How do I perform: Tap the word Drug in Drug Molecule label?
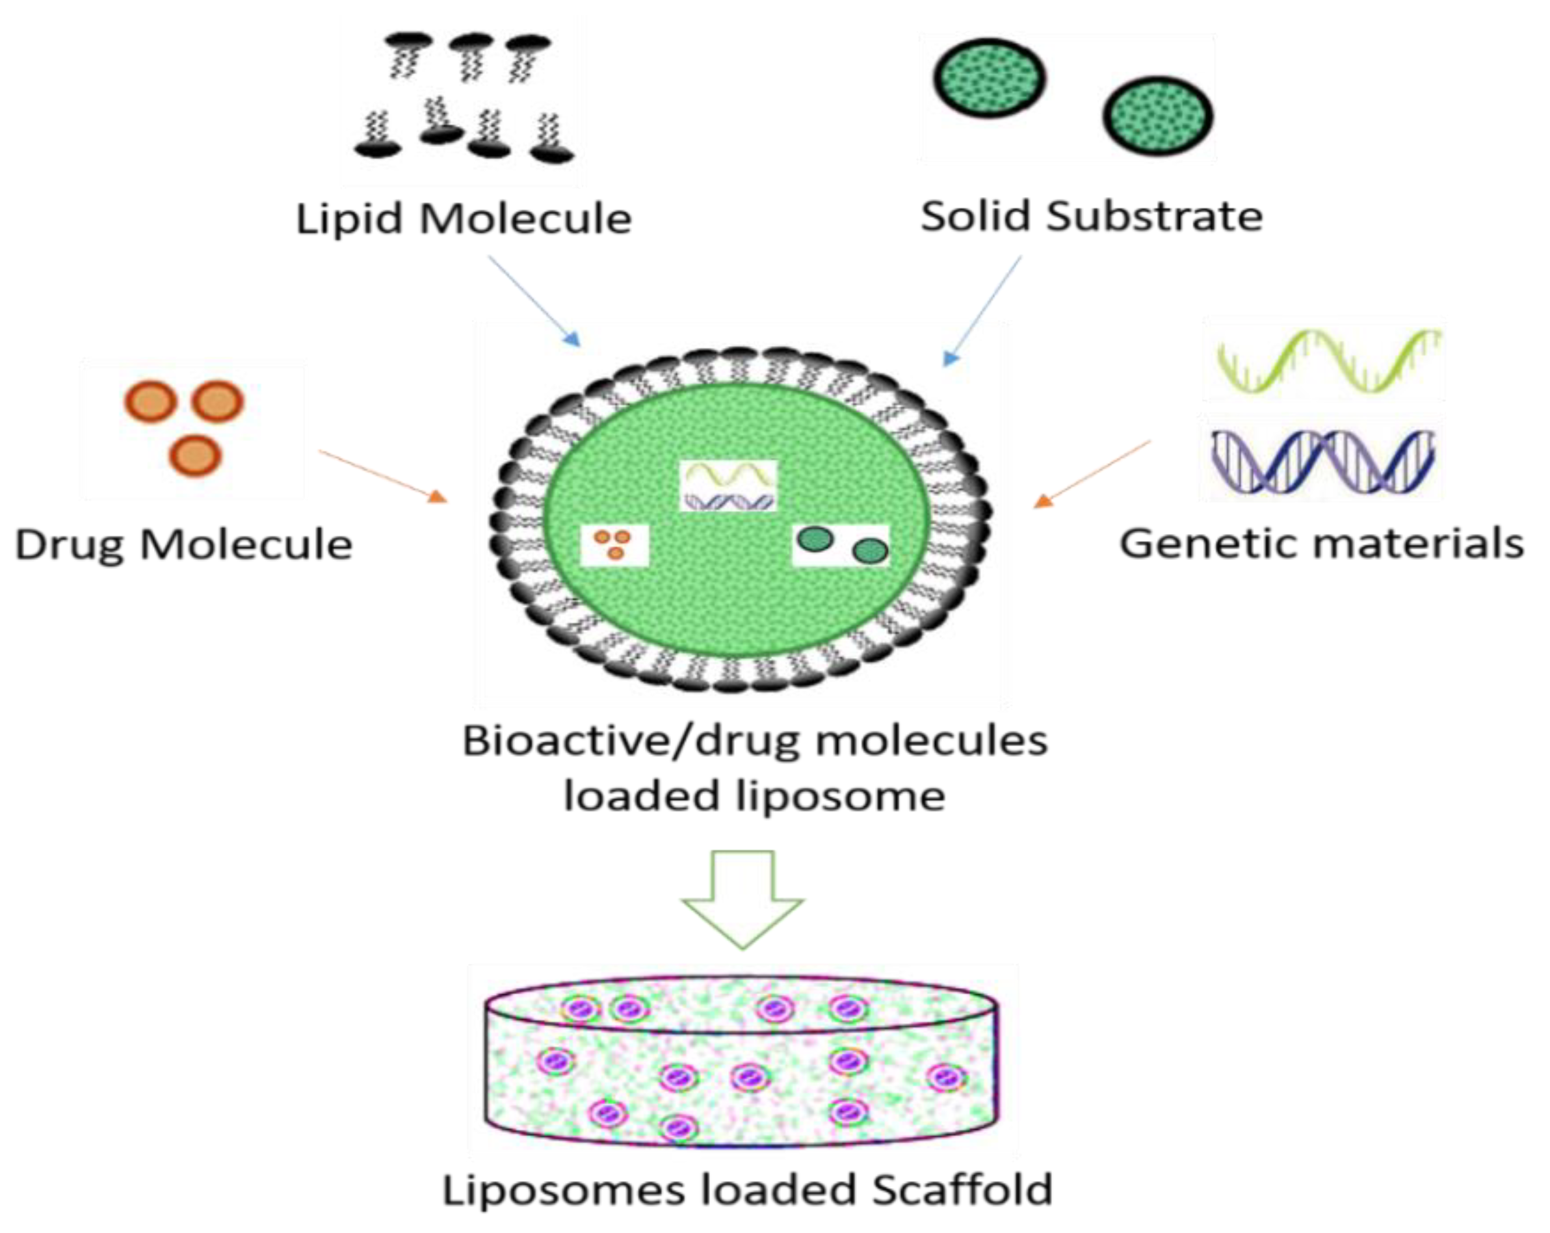point(70,545)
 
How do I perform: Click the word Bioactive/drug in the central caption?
point(630,741)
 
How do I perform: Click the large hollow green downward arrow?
point(742,898)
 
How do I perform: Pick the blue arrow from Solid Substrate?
point(982,311)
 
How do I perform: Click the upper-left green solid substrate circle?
point(990,77)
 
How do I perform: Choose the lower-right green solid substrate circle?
point(1157,116)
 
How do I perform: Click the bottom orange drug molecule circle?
point(195,456)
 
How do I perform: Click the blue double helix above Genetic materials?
point(1323,462)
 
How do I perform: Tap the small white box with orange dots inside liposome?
point(614,545)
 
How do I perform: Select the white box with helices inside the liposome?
point(728,486)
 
